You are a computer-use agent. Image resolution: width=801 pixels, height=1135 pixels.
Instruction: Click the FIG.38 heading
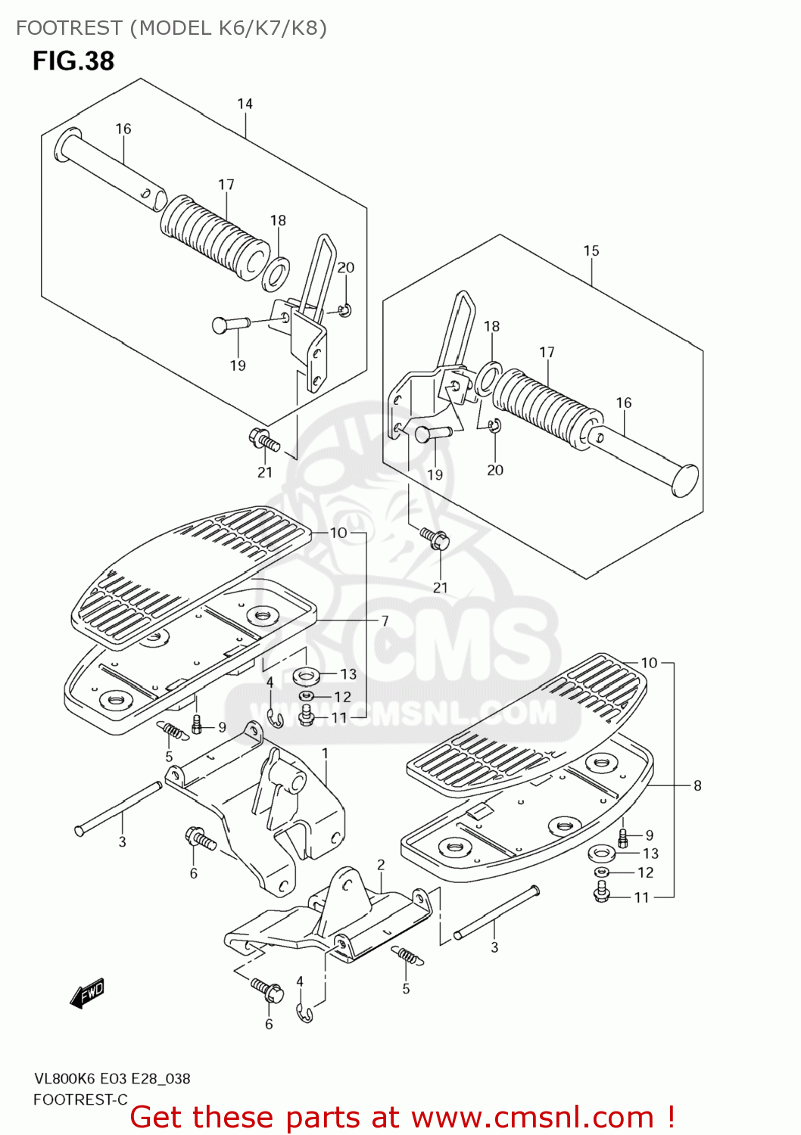[x=73, y=61]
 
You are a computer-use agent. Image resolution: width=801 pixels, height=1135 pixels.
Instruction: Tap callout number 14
[x=245, y=104]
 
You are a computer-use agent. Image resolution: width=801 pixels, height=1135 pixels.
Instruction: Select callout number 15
[x=591, y=250]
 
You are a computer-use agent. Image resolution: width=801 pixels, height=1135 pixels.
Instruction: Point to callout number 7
[x=385, y=620]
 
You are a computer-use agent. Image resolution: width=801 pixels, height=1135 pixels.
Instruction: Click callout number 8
[x=697, y=785]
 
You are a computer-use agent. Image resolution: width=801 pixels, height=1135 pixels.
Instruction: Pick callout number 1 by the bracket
[x=325, y=754]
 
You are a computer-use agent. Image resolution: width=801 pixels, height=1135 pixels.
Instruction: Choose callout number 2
[x=381, y=864]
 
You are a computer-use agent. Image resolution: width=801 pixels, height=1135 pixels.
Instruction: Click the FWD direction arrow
[x=87, y=993]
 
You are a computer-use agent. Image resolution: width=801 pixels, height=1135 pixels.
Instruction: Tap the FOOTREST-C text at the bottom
[x=80, y=1099]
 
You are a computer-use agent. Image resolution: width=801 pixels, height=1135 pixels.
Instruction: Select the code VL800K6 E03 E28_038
[x=111, y=1078]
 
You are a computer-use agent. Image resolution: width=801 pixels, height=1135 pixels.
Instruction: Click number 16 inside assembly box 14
[x=123, y=129]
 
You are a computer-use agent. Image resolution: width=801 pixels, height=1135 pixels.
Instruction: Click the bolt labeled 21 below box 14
[x=263, y=440]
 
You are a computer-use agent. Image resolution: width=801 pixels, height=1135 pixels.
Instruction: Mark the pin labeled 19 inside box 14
[x=230, y=325]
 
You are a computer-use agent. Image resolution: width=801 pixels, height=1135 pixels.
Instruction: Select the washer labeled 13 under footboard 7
[x=306, y=674]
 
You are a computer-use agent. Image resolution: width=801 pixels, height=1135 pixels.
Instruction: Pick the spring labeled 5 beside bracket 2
[x=407, y=956]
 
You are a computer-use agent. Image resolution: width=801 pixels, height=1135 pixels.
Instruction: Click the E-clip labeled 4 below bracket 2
[x=304, y=1014]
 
